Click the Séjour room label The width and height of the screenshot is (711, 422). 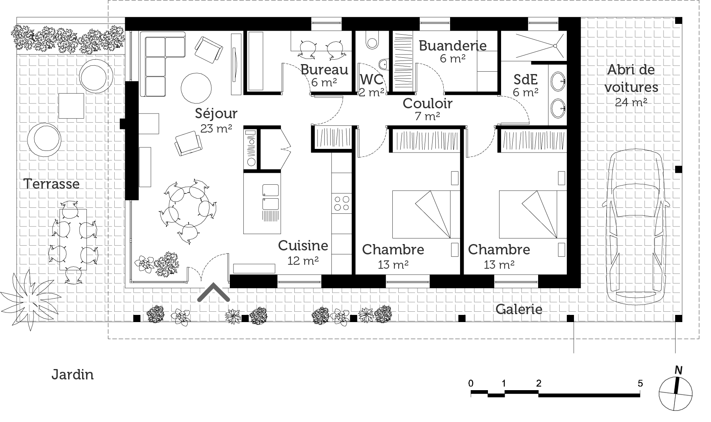216,114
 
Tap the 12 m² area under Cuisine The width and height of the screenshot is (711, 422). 303,261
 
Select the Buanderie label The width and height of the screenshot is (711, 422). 452,46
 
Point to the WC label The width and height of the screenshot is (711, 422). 371,79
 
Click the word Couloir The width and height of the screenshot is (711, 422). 427,104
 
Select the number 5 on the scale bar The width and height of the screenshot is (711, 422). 640,383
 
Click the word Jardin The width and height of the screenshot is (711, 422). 72,375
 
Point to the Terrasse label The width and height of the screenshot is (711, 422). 51,184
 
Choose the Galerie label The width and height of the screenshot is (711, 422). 519,309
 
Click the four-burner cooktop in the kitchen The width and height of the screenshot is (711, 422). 341,203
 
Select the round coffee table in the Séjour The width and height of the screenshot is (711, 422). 196,87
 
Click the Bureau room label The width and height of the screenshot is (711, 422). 324,70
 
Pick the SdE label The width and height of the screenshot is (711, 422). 525,80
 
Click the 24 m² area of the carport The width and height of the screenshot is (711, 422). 631,102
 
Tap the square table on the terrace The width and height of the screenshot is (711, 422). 71,106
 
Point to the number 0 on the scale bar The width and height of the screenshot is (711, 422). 471,383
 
